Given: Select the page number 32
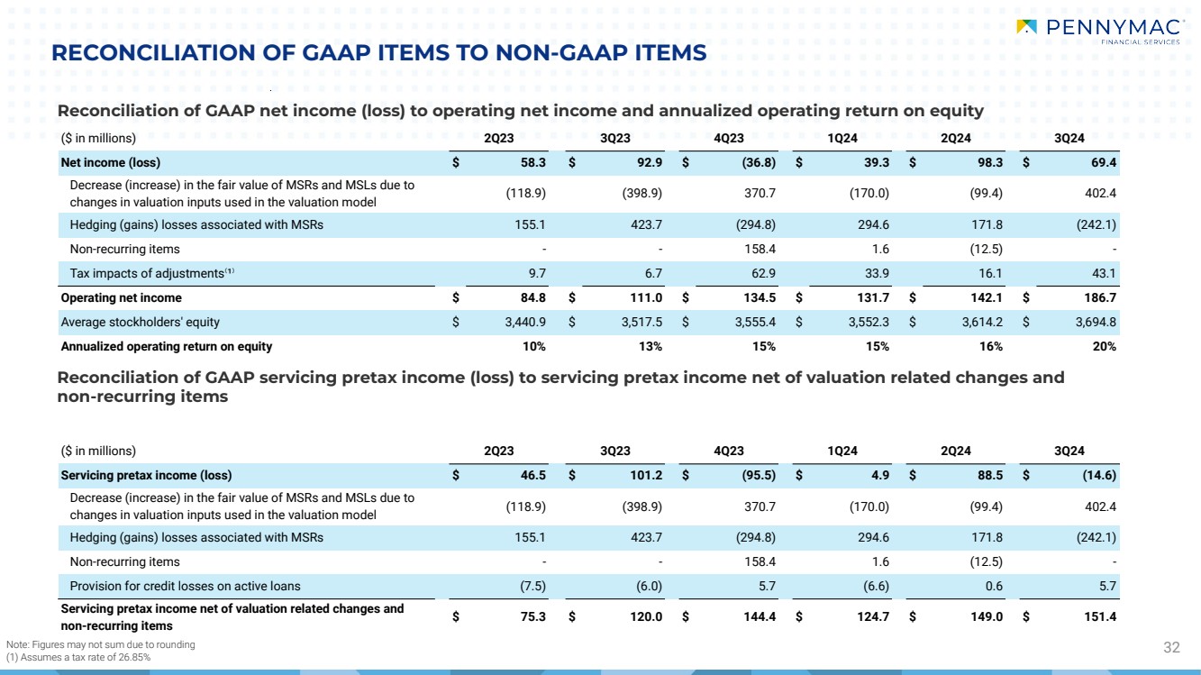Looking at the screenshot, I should (x=1172, y=647).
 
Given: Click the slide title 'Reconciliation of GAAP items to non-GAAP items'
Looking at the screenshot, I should (x=378, y=54).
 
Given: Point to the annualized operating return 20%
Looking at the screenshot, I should (x=1105, y=346).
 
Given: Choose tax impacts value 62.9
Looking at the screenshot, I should (x=761, y=273).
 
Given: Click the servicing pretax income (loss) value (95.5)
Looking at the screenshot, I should (x=754, y=475).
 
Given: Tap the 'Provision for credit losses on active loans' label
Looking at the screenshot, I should (x=185, y=586).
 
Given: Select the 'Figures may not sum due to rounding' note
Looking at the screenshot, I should (x=100, y=644).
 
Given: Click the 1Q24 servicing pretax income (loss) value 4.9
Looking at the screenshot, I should (x=878, y=475).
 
